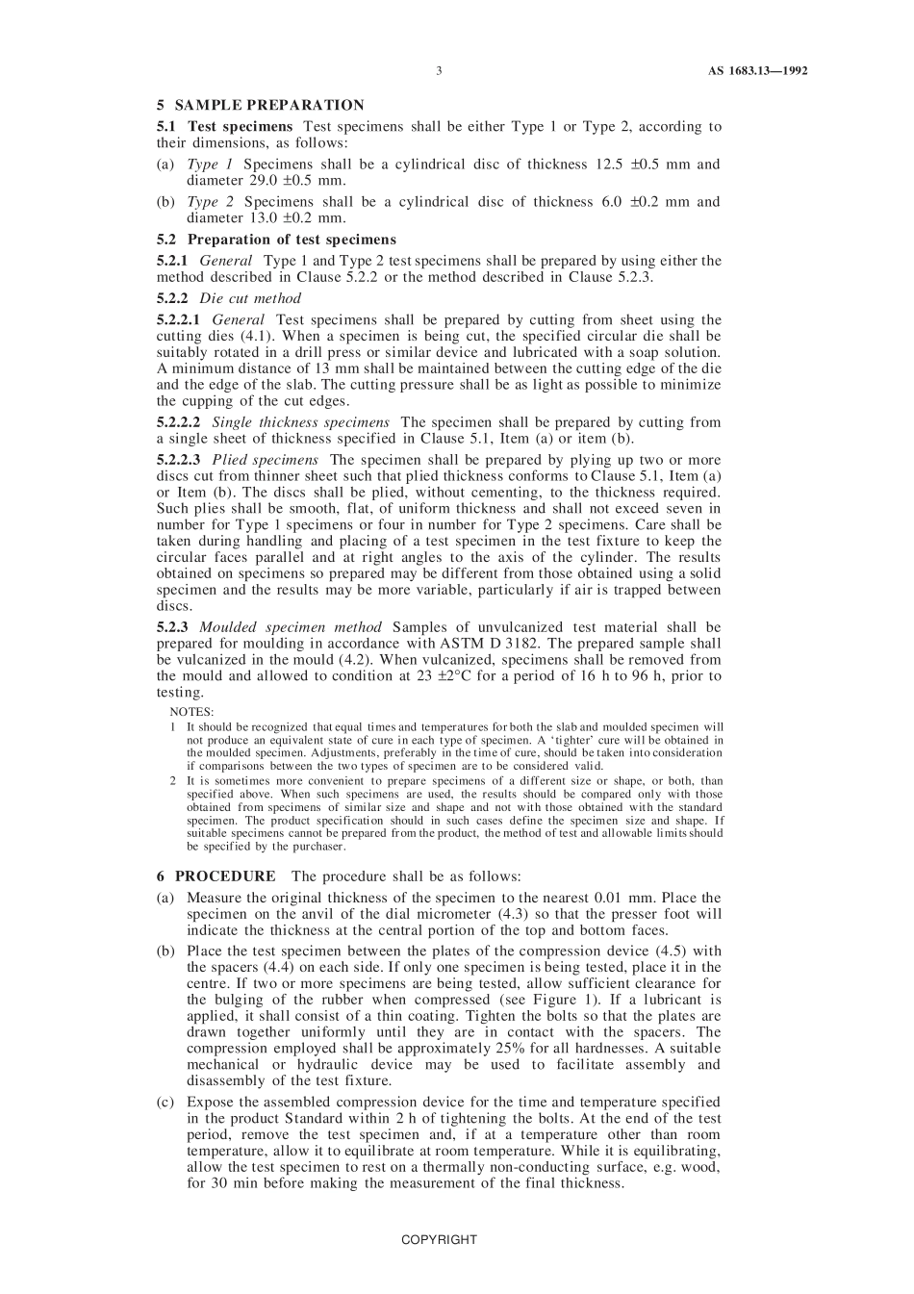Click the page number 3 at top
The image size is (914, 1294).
coord(439,70)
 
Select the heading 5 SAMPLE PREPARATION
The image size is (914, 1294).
coord(260,105)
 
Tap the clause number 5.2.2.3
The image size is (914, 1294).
coord(179,460)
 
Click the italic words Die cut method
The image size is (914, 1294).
coord(250,298)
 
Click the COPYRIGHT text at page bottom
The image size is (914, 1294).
coord(439,1240)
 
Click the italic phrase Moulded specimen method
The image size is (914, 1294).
coord(291,627)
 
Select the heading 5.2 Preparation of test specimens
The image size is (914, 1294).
coord(276,240)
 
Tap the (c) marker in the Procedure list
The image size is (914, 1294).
coord(165,1102)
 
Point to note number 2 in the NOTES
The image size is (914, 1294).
coord(173,781)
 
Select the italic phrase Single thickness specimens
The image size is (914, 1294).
coord(300,422)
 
